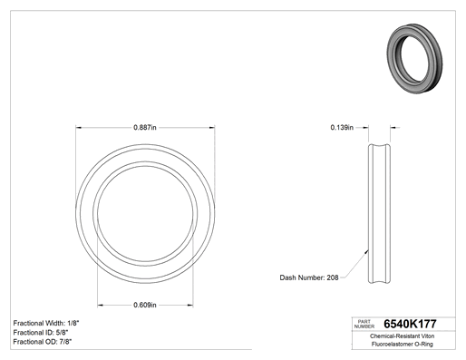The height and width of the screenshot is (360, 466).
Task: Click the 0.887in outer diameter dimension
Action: (145, 128)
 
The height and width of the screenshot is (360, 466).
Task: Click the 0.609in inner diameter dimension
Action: (145, 305)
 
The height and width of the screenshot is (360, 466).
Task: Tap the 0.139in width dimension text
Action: (342, 128)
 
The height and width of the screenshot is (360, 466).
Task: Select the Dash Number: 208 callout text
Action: (309, 277)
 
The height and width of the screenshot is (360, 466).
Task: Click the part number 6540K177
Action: (410, 324)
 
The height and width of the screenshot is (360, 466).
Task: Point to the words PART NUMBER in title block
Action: (364, 324)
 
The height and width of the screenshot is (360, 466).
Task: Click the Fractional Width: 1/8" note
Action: (46, 323)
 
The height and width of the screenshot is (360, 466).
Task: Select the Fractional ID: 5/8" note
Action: (41, 333)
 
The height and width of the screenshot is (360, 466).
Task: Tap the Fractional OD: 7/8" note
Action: (43, 342)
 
